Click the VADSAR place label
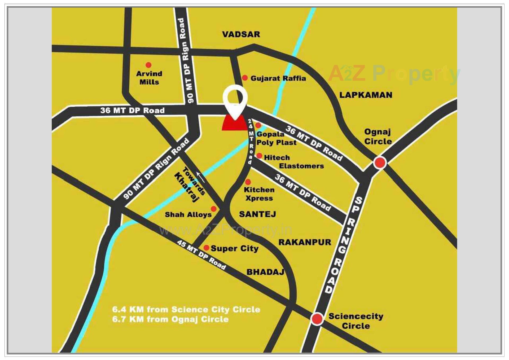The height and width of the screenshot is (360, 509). pyautogui.click(x=241, y=34)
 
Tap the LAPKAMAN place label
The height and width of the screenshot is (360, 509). pyautogui.click(x=366, y=95)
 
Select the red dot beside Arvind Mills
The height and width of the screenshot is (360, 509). pyautogui.click(x=148, y=65)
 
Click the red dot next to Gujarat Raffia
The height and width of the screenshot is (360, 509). pyautogui.click(x=245, y=78)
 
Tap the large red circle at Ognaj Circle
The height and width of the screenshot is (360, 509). pyautogui.click(x=380, y=163)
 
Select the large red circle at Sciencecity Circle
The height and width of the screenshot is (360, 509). pyautogui.click(x=317, y=319)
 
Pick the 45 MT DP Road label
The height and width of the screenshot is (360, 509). pyautogui.click(x=201, y=255)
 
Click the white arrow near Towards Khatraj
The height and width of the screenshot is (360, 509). pyautogui.click(x=200, y=177)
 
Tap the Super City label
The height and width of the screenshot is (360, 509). pyautogui.click(x=234, y=248)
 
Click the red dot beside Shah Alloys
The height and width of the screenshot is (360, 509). pyautogui.click(x=213, y=209)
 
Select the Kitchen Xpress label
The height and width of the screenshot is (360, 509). pyautogui.click(x=259, y=194)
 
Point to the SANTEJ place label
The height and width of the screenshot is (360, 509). pyautogui.click(x=257, y=214)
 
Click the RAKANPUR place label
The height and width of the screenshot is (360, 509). pyautogui.click(x=305, y=242)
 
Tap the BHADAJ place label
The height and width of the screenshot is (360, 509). pyautogui.click(x=265, y=272)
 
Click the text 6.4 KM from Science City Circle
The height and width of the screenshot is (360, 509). pyautogui.click(x=186, y=309)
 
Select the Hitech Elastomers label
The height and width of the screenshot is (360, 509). pyautogui.click(x=293, y=162)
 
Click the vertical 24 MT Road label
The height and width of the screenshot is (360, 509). pyautogui.click(x=251, y=141)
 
